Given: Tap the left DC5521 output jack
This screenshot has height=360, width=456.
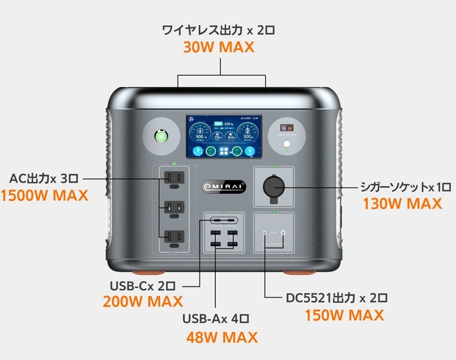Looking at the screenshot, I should click(264, 233).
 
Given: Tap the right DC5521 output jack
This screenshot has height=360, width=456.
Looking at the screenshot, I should click(283, 233).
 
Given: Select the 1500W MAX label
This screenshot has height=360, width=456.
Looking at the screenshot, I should click(45, 195).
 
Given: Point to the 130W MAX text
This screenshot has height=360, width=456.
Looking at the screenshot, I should click(407, 204).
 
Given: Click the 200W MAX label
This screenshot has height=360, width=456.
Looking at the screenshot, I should click(142, 302).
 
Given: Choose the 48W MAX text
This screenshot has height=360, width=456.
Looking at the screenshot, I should click(222, 337).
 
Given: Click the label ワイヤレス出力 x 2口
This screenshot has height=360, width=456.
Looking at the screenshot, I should click(219, 30).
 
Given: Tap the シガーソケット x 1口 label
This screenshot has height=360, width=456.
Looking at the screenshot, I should click(405, 187).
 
